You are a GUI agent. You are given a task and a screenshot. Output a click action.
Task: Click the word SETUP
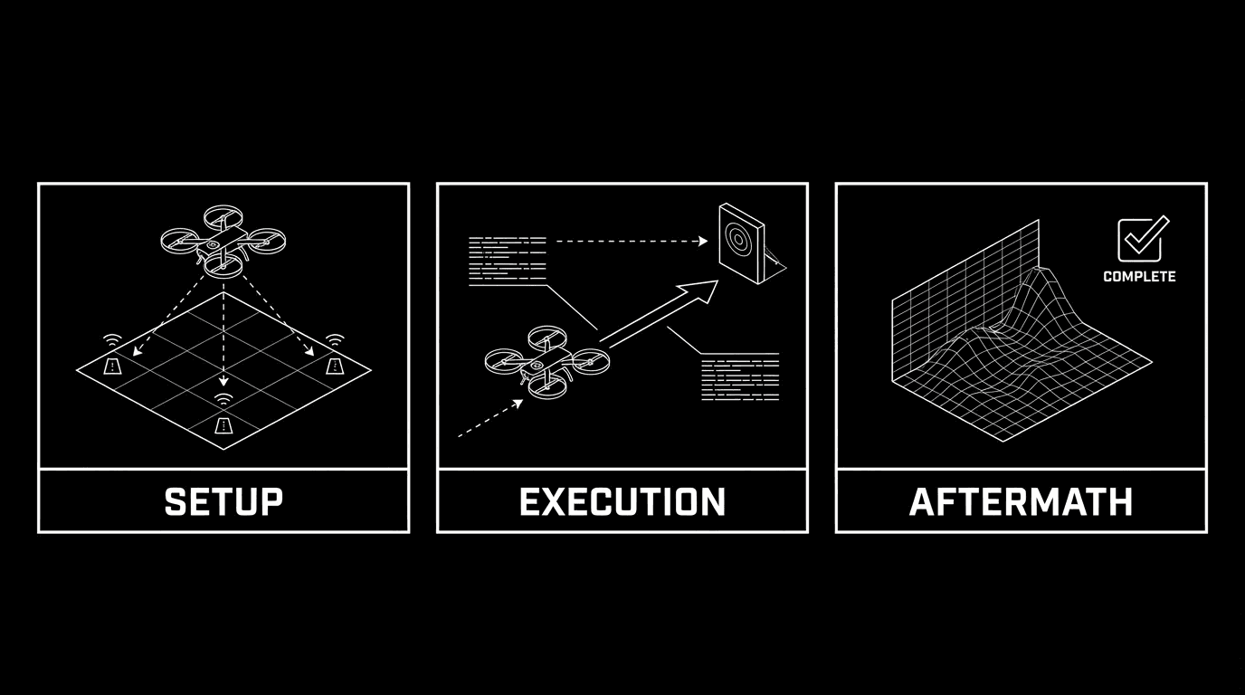pyautogui.click(x=223, y=501)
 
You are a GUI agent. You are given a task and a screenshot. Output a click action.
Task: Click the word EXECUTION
pyautogui.click(x=622, y=501)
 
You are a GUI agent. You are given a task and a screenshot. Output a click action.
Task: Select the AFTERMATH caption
pyautogui.click(x=1021, y=501)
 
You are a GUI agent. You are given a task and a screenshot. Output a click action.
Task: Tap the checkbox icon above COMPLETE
pyautogui.click(x=1142, y=240)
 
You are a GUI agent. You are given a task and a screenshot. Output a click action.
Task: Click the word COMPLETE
pyautogui.click(x=1139, y=277)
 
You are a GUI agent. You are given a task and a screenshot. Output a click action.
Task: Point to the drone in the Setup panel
pyautogui.click(x=223, y=239)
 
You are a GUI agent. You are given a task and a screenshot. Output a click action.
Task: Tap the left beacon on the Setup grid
pyautogui.click(x=113, y=365)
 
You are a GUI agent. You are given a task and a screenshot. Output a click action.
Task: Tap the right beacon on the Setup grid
pyautogui.click(x=335, y=365)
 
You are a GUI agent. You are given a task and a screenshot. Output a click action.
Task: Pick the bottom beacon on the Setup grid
pyautogui.click(x=223, y=424)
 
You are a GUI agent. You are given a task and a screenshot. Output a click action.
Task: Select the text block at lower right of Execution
pyautogui.click(x=740, y=378)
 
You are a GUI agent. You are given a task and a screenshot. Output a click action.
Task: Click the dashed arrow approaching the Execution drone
pyautogui.click(x=489, y=419)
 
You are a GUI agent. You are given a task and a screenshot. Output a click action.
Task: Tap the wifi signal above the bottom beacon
pyautogui.click(x=223, y=399)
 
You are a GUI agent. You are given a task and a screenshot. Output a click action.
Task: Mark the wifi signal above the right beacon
pyautogui.click(x=335, y=340)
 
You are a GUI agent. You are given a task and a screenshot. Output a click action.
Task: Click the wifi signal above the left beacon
pyautogui.click(x=112, y=340)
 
